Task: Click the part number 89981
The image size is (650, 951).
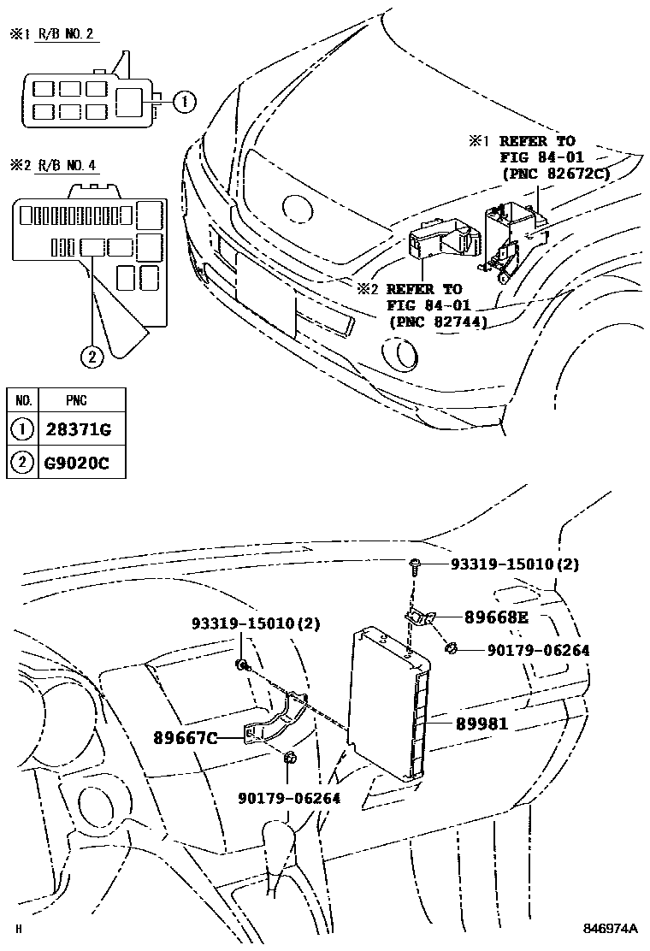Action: tap(482, 724)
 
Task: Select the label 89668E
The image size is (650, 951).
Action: tap(497, 617)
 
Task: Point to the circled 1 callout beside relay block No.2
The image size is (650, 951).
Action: tap(184, 103)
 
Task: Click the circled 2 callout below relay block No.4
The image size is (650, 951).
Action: tap(92, 355)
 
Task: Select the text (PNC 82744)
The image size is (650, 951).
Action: tap(437, 322)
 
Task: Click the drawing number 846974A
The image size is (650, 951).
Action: tap(612, 929)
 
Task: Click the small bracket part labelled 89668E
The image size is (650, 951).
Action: tap(421, 617)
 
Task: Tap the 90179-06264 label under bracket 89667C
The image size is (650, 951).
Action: tap(289, 798)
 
